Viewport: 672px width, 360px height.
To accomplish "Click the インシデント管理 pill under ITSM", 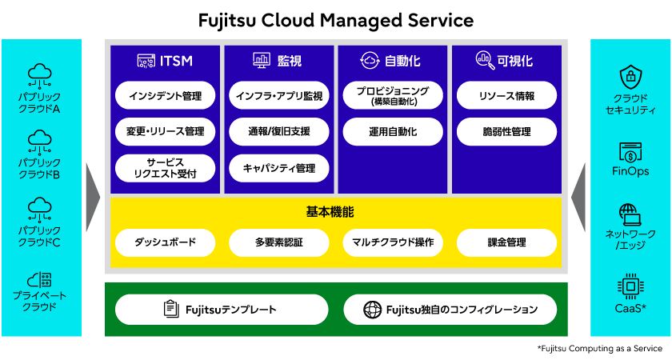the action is (x=165, y=95).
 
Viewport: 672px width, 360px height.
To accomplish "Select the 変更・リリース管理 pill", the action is (x=165, y=131).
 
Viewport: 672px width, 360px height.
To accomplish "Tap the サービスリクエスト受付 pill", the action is (x=165, y=168).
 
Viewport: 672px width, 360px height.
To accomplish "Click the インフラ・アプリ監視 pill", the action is (x=279, y=95).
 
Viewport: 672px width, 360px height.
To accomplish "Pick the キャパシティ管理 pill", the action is (x=279, y=168).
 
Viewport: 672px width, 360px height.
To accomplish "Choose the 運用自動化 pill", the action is (x=393, y=131).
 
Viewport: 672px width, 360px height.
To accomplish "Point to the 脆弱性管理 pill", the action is (x=506, y=131).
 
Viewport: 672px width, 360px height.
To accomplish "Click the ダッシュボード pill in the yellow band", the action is (x=165, y=242).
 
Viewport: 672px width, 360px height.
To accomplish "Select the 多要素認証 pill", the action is (x=279, y=242).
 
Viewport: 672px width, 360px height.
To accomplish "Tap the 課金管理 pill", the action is (x=506, y=242).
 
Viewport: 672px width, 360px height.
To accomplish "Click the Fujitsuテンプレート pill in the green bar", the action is (x=222, y=310).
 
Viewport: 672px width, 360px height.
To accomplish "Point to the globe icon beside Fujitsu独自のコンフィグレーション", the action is (x=373, y=310).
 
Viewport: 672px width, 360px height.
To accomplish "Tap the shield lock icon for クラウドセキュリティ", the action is (x=631, y=77).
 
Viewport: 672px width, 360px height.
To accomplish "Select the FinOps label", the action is (x=630, y=171).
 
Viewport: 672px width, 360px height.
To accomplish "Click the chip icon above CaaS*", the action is (x=630, y=286).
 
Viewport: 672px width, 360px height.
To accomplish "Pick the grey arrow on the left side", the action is (x=93, y=198).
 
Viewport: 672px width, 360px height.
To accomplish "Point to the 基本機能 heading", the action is (x=330, y=212).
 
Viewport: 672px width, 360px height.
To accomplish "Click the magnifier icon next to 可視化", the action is (x=485, y=60).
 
